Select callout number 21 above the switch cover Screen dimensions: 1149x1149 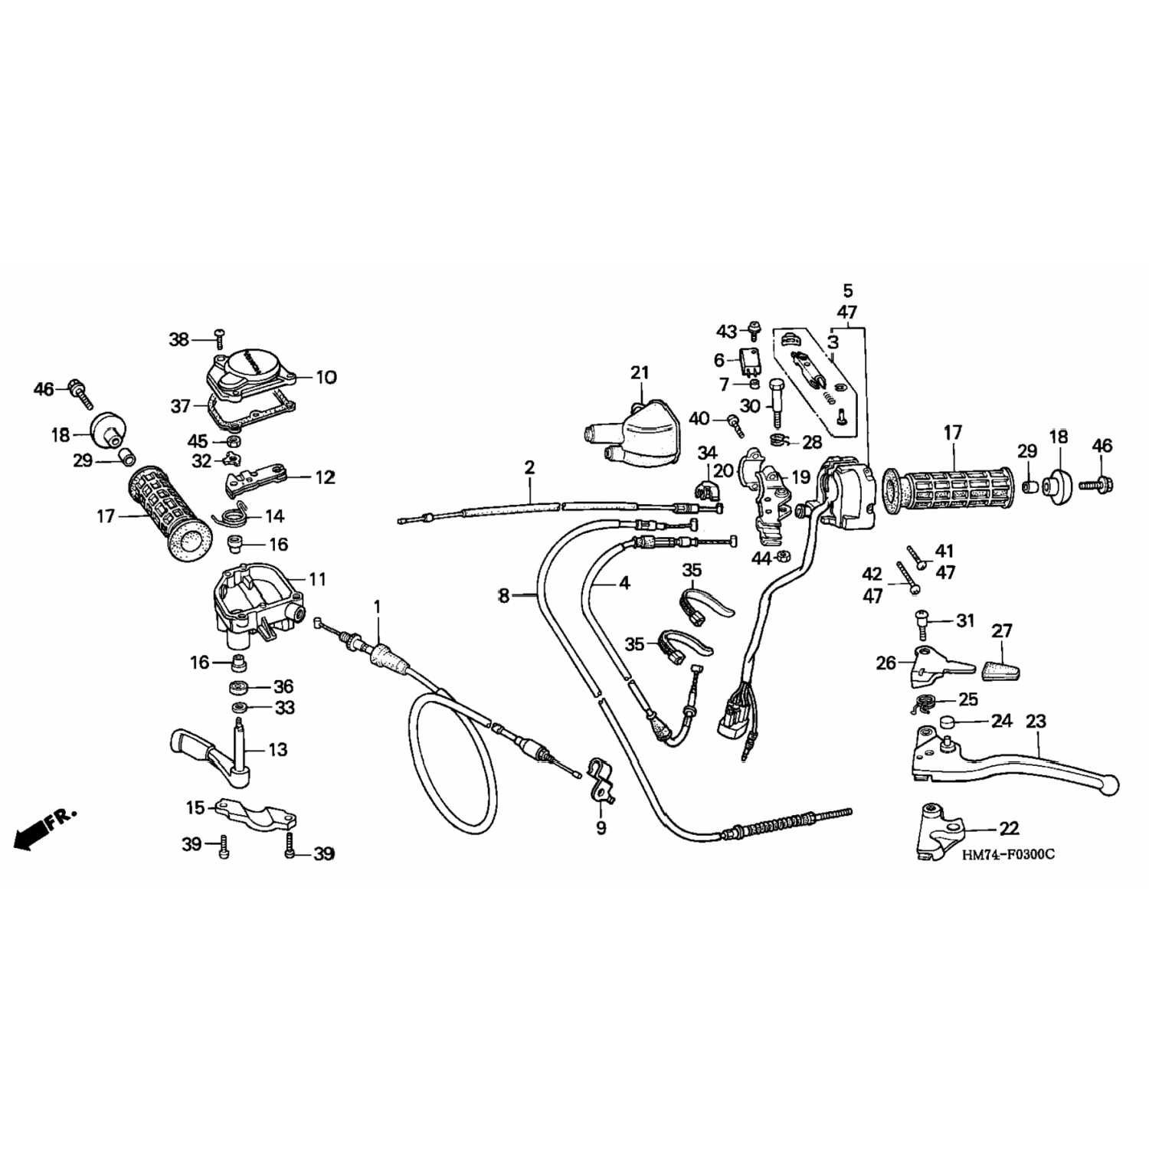click(x=640, y=373)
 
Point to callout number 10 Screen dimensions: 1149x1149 click(x=326, y=377)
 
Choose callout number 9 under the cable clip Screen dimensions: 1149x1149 click(x=601, y=827)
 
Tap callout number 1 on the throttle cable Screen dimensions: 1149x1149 click(x=377, y=607)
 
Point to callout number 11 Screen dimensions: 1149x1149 click(x=317, y=579)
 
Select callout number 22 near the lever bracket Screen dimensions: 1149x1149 click(x=1010, y=828)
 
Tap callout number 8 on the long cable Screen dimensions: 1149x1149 click(x=503, y=594)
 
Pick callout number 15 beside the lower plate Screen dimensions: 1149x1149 click(x=195, y=807)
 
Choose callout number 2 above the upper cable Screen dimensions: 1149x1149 click(x=529, y=467)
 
